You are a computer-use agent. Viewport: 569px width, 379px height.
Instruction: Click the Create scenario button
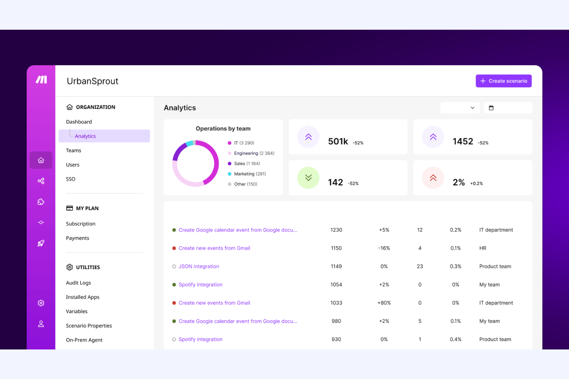pyautogui.click(x=503, y=81)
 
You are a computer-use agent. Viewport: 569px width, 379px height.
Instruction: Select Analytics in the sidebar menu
pyautogui.click(x=85, y=136)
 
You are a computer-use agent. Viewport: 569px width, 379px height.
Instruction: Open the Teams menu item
pyautogui.click(x=73, y=151)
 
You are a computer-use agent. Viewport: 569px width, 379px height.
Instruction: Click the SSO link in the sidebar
pyautogui.click(x=71, y=179)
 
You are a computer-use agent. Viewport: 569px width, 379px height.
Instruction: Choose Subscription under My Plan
pyautogui.click(x=81, y=224)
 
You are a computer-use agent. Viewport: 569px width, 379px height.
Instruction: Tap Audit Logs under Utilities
pyautogui.click(x=78, y=283)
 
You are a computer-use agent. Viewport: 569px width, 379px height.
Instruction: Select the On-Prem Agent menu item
pyautogui.click(x=84, y=340)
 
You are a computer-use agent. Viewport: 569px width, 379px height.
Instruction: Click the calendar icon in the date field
pyautogui.click(x=491, y=108)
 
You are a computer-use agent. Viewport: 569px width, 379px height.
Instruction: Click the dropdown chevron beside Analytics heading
pyautogui.click(x=473, y=108)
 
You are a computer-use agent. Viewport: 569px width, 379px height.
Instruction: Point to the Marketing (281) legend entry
pyautogui.click(x=250, y=174)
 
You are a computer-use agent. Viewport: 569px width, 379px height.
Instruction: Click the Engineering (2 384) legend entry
pyautogui.click(x=254, y=153)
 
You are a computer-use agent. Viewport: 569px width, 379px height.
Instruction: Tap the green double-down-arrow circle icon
pyautogui.click(x=308, y=178)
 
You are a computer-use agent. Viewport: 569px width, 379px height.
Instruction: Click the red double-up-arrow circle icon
pyautogui.click(x=433, y=178)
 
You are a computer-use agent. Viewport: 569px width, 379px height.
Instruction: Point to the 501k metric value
pyautogui.click(x=338, y=142)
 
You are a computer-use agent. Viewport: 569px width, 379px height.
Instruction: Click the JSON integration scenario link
pyautogui.click(x=199, y=266)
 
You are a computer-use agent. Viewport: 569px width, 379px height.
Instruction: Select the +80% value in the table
pyautogui.click(x=384, y=303)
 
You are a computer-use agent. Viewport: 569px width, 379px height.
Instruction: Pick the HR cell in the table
pyautogui.click(x=483, y=248)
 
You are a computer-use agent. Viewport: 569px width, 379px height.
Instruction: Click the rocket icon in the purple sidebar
pyautogui.click(x=41, y=243)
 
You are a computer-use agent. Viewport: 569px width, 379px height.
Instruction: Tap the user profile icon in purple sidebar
pyautogui.click(x=41, y=324)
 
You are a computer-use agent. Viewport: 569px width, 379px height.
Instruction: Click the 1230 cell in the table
pyautogui.click(x=336, y=230)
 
